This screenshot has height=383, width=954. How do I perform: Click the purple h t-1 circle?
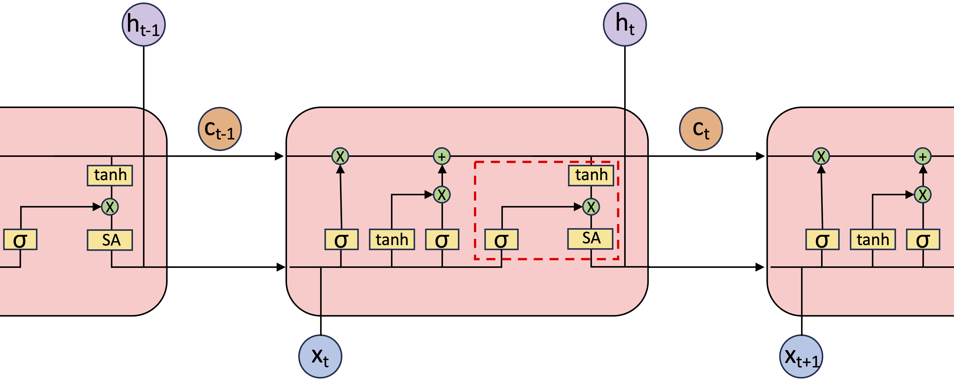click(144, 24)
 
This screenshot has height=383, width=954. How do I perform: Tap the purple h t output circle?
click(625, 24)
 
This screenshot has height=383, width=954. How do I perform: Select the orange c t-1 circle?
click(220, 129)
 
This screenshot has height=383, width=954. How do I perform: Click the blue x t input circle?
click(320, 356)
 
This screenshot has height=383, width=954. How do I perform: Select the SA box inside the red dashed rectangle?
click(591, 239)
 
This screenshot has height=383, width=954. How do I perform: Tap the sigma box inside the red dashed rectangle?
click(501, 240)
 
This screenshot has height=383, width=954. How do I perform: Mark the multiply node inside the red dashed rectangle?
click(591, 207)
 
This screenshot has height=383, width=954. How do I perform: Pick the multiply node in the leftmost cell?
click(110, 207)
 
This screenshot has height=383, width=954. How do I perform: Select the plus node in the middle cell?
click(442, 156)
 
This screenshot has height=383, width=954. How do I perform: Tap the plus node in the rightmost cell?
click(923, 156)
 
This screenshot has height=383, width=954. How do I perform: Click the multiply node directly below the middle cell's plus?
click(442, 194)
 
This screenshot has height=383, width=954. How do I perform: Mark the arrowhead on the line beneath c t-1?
click(279, 156)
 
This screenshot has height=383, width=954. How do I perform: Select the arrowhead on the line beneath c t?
click(760, 156)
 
